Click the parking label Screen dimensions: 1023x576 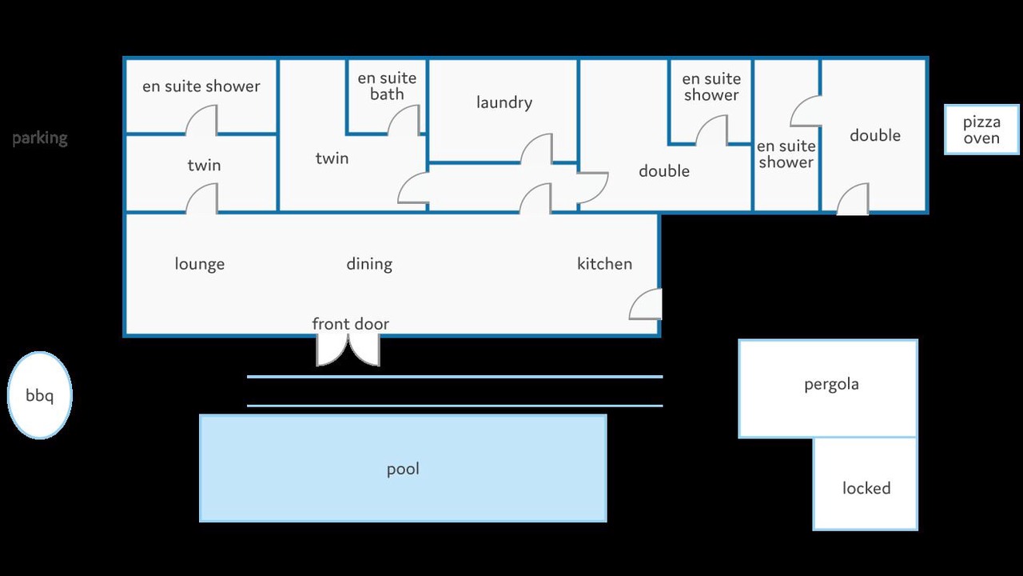point(40,138)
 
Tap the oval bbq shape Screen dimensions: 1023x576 point(40,395)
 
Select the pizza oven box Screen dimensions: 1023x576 point(981,130)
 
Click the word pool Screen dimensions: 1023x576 point(403,469)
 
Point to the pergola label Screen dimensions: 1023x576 point(831,385)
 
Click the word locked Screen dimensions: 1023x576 point(866,488)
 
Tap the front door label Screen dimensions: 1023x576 point(350,324)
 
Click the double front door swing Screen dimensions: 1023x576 point(348,350)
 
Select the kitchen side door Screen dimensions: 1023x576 point(645,304)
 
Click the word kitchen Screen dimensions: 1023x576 point(605,264)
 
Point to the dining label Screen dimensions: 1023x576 point(369,264)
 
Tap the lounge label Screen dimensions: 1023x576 point(200,264)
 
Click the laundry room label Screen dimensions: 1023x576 point(504,102)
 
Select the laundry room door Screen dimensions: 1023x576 point(536,149)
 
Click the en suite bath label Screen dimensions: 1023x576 point(387,86)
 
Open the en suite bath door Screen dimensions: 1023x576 point(404,120)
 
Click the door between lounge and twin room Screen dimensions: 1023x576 point(201,198)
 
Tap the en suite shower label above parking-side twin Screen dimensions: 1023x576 point(201,86)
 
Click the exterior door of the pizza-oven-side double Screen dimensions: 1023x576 point(853,199)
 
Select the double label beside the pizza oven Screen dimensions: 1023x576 point(875,135)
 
